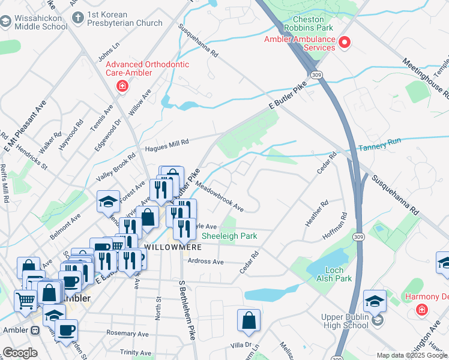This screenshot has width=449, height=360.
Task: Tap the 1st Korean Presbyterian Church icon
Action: coord(77,18)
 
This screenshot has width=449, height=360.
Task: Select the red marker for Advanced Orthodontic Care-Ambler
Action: coord(122,86)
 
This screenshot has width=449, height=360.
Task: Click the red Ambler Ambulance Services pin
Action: coord(345,42)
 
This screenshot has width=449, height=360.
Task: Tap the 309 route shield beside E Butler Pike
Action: coord(317,74)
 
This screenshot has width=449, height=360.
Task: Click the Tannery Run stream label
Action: coord(379,147)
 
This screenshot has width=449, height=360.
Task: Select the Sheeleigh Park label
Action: coord(229,236)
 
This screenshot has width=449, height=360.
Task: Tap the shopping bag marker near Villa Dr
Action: coord(249,321)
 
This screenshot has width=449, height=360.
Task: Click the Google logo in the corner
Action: coord(20,353)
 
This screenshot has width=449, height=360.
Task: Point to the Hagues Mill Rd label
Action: coord(167,144)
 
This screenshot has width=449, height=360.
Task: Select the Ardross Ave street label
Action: coord(205,262)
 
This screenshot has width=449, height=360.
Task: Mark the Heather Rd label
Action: coord(316,214)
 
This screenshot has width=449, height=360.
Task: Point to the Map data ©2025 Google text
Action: coord(411,355)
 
